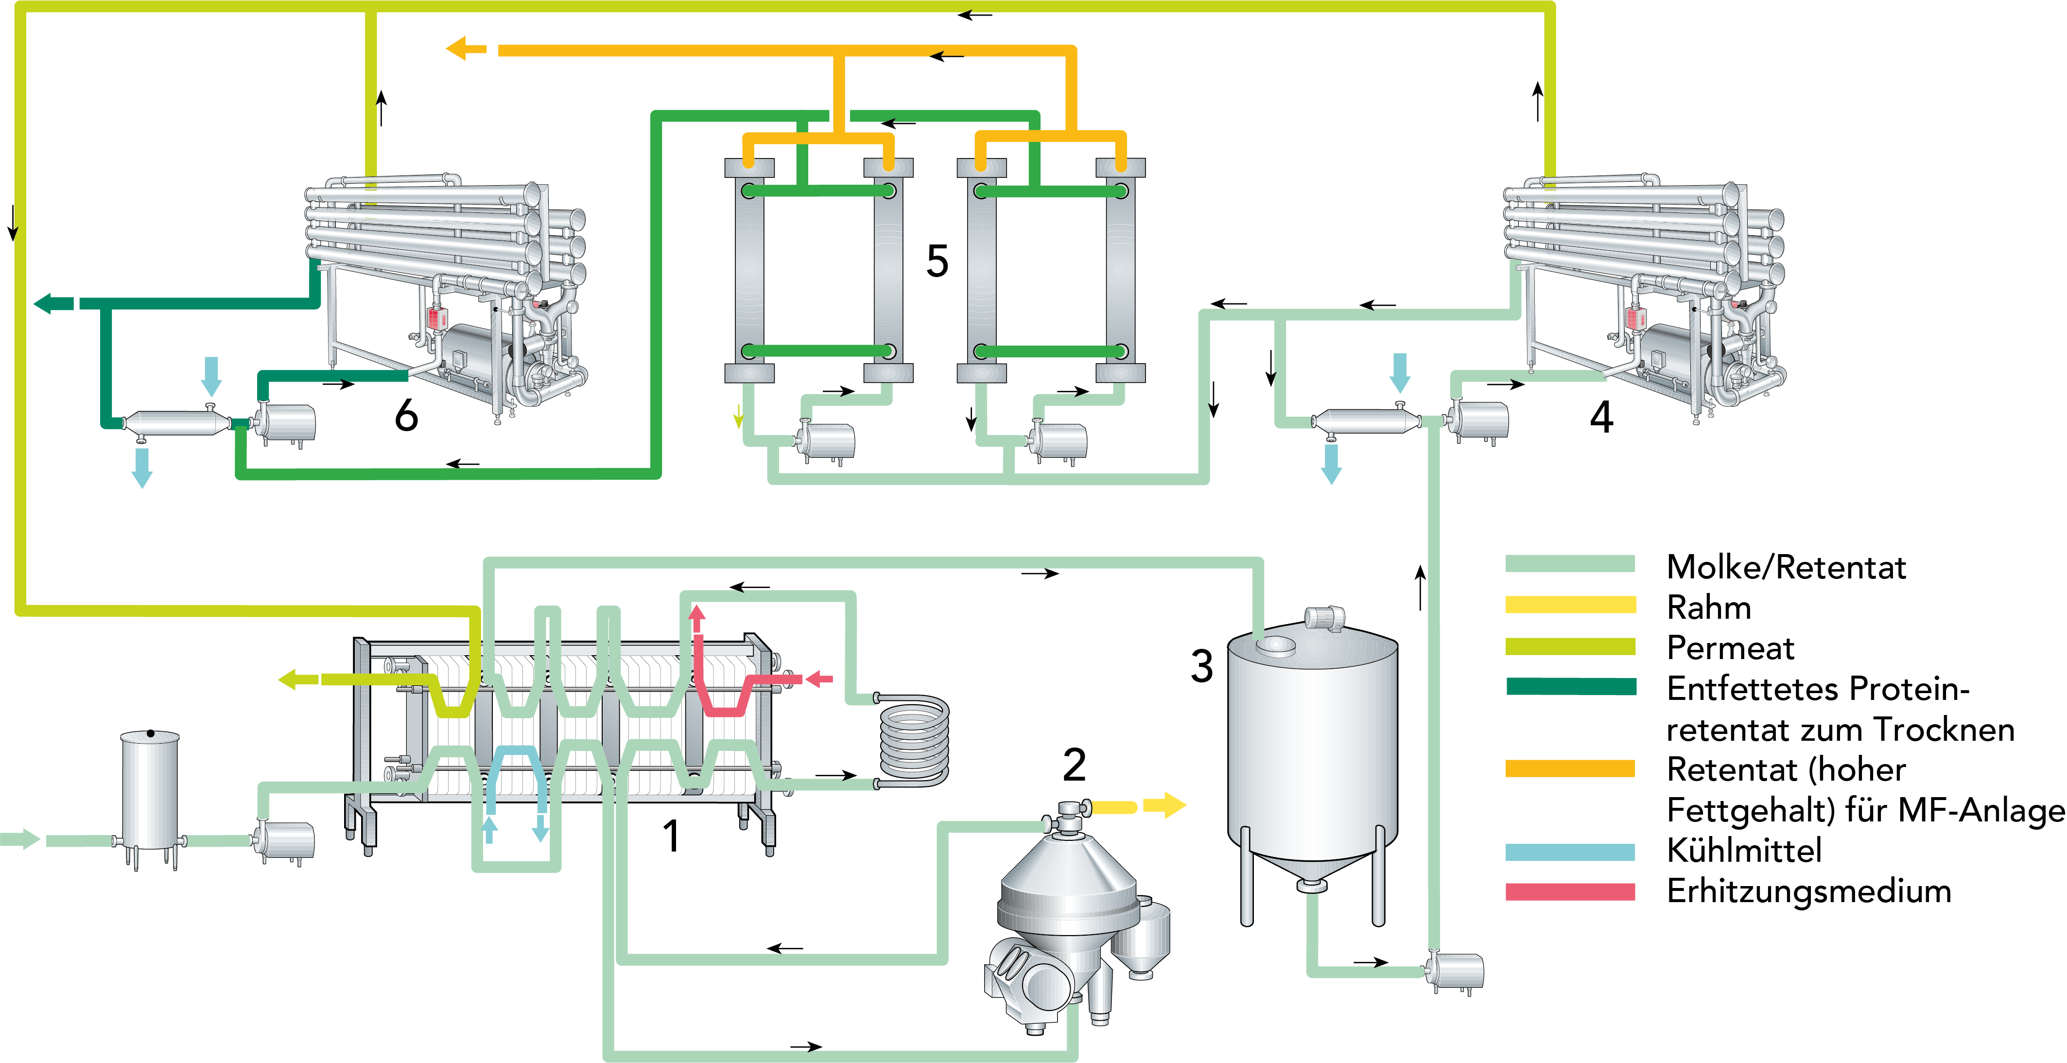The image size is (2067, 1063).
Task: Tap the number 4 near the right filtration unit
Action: tap(1601, 417)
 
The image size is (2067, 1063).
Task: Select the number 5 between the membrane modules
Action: tap(937, 261)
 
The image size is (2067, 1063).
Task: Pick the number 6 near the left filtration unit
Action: tap(406, 416)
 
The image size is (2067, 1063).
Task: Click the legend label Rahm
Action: tap(1708, 607)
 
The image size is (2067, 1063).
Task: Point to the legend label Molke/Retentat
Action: tap(1785, 567)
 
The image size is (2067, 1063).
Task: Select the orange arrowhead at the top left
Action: tap(456, 49)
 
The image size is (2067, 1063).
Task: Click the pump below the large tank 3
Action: tap(1457, 971)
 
